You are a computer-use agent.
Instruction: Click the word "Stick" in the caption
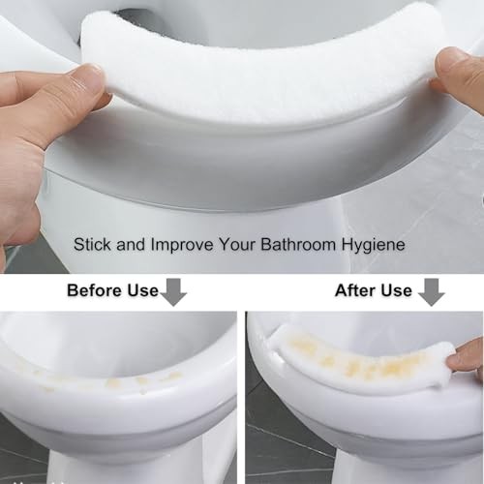[92, 244]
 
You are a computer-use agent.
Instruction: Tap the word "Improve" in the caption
[182, 245]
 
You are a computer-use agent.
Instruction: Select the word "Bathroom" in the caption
[298, 244]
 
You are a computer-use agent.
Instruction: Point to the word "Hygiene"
[374, 245]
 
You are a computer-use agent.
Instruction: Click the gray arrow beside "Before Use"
[173, 292]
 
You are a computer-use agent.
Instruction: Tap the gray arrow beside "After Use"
[432, 292]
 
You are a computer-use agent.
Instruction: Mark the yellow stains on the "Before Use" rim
[109, 380]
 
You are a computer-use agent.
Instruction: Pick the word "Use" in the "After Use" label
[396, 290]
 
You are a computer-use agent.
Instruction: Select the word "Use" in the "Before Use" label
[143, 290]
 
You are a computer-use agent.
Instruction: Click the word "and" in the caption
[131, 244]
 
